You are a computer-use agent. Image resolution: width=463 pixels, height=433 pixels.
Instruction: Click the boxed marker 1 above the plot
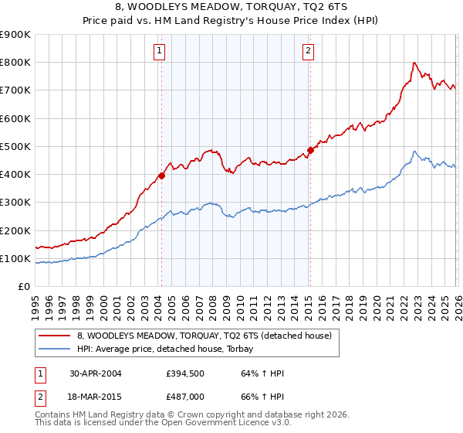pos(159,51)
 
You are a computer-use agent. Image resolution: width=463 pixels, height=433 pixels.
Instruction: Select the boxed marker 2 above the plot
pos(308,51)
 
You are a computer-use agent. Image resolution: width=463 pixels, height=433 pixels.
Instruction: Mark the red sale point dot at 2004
pos(162,176)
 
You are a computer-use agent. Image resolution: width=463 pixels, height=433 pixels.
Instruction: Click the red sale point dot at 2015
pos(310,150)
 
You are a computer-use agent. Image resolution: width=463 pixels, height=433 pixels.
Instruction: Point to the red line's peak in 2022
pos(414,63)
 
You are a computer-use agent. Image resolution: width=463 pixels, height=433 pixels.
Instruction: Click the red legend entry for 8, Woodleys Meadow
pos(204,336)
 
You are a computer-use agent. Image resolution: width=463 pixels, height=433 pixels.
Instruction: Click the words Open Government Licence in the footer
pos(182,424)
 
